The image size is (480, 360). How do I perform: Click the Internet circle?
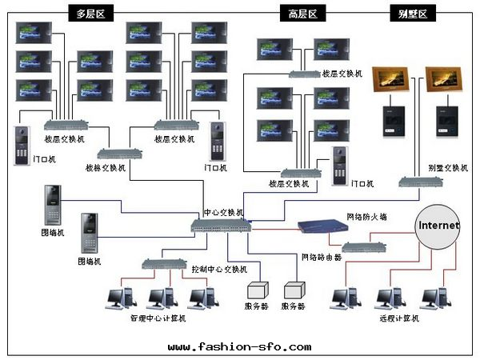tap(438, 226)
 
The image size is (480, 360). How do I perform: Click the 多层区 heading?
tap(90, 14)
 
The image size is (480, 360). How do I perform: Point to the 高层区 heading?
tap(302, 14)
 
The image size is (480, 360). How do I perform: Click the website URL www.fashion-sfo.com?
tap(239, 346)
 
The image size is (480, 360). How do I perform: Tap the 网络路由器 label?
tap(321, 257)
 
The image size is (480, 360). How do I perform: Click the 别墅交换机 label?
tap(447, 168)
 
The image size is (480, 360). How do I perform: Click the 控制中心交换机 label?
tap(219, 269)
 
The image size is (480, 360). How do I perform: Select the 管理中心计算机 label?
tap(158, 318)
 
